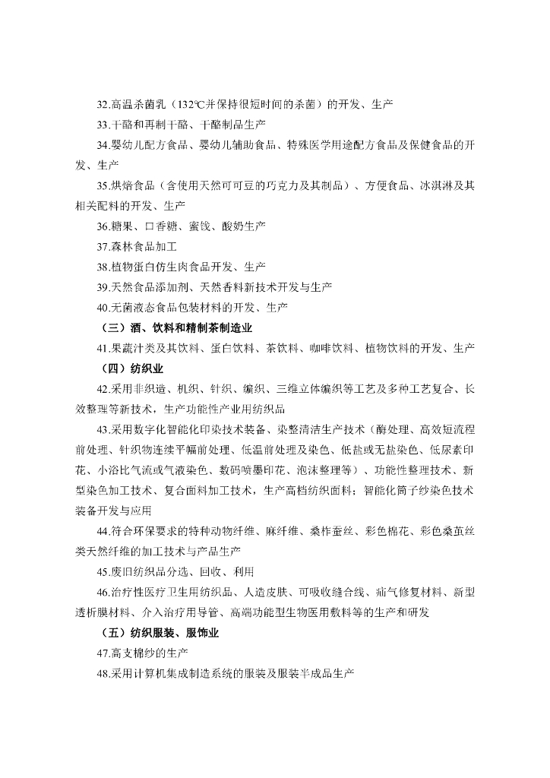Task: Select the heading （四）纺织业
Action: pos(131,368)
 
